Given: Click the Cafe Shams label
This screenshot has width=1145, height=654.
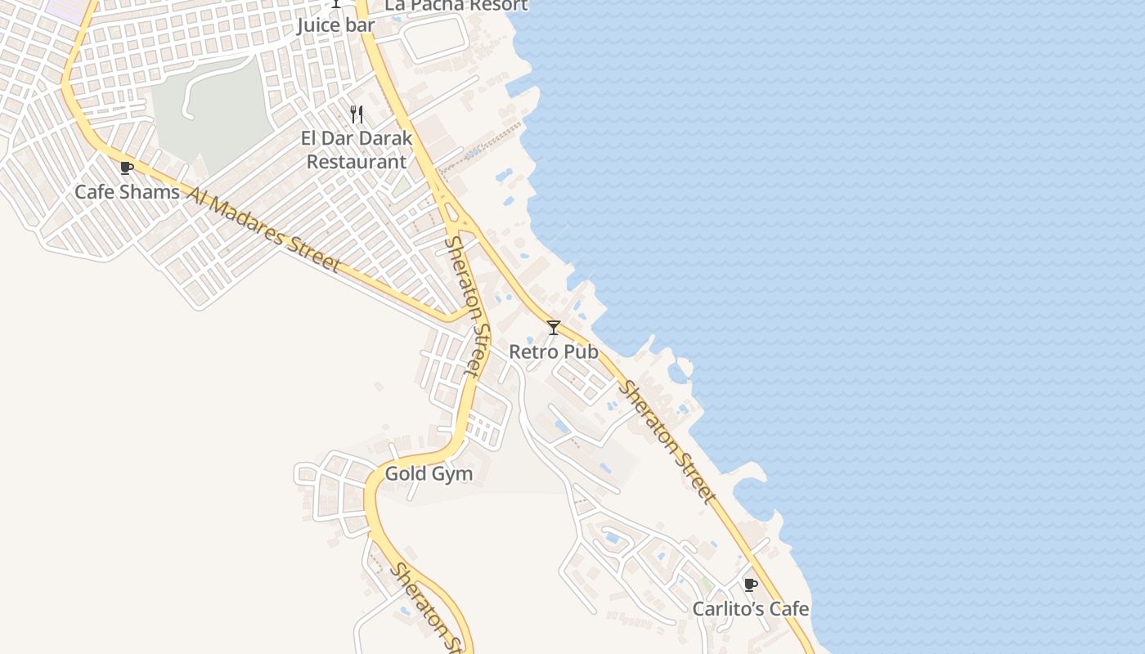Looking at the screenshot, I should [x=127, y=192].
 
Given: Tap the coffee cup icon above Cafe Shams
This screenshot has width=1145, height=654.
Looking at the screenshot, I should [x=126, y=168].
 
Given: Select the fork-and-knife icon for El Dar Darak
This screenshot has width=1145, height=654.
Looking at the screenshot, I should [x=357, y=114].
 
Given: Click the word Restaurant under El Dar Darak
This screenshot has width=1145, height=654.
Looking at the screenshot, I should [x=357, y=162].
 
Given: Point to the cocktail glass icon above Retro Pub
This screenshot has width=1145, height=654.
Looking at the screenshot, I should [x=554, y=328].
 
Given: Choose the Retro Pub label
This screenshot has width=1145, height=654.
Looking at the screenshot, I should [x=554, y=352].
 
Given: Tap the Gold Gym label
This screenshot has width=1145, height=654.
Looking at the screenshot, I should [x=429, y=473].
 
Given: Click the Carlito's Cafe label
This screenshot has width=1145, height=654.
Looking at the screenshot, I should [x=751, y=609].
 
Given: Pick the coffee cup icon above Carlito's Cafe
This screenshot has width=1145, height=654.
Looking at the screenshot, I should [x=750, y=585].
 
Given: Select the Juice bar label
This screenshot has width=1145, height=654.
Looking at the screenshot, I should [x=335, y=25].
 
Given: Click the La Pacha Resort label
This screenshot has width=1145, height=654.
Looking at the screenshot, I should [x=456, y=5].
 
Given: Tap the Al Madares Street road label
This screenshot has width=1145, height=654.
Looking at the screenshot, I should [x=263, y=229].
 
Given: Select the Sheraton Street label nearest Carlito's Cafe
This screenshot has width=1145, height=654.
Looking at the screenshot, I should [x=666, y=441].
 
